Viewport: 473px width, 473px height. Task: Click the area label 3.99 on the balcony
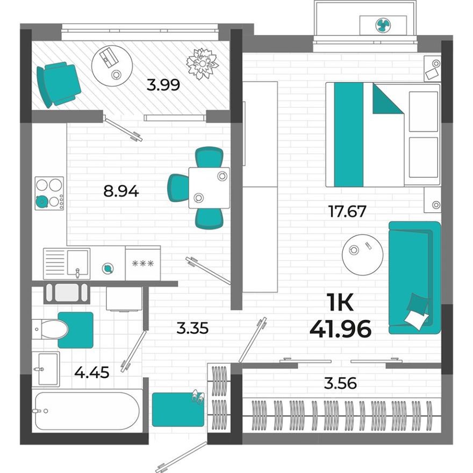click(x=164, y=84)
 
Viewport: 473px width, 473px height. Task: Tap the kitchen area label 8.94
click(x=121, y=190)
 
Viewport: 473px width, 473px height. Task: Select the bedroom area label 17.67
click(x=347, y=211)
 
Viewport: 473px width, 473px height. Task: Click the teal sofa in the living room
click(x=414, y=277)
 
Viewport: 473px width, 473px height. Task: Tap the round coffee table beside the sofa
click(x=362, y=254)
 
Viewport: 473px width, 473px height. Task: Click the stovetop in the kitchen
click(x=49, y=193)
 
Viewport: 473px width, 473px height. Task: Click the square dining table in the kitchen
click(x=209, y=188)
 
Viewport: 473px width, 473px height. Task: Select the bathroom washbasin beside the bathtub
click(x=45, y=369)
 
